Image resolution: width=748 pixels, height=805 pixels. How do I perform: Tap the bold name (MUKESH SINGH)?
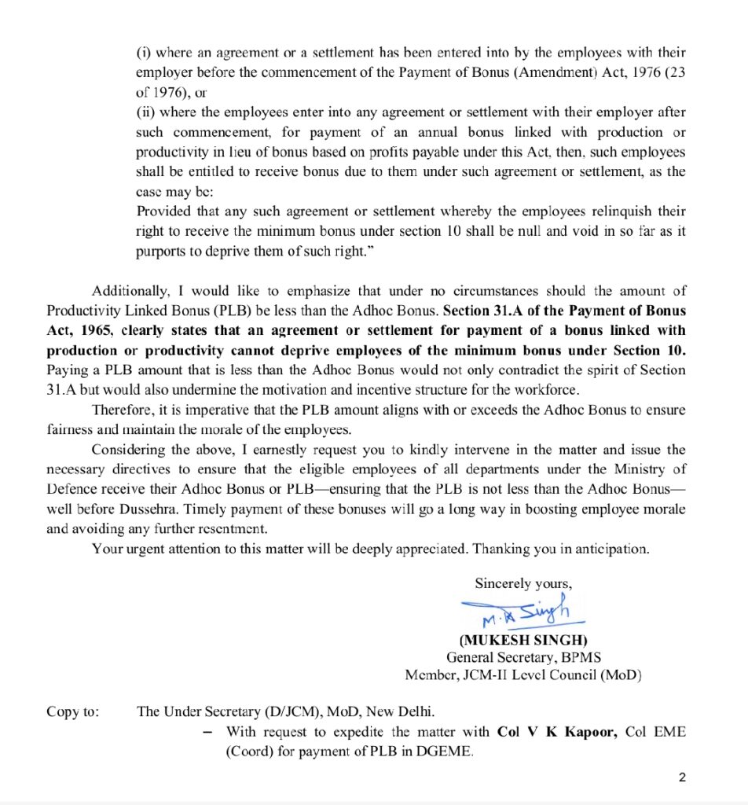point(523,640)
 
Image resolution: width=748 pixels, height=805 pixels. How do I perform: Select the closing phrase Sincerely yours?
point(523,583)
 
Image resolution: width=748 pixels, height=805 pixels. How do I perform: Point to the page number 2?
point(682,778)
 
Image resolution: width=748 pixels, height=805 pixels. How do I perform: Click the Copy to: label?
point(73,711)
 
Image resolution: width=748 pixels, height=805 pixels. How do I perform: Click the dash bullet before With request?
point(207,731)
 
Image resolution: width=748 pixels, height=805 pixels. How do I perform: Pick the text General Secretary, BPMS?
point(522,657)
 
